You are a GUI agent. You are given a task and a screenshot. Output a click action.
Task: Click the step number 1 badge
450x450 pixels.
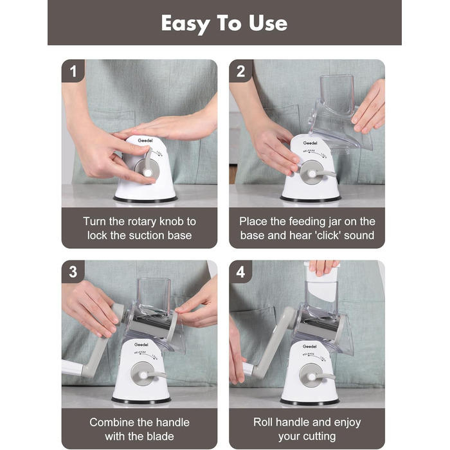pyautogui.click(x=73, y=71)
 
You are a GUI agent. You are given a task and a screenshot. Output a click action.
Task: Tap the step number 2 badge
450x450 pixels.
pyautogui.click(x=241, y=71)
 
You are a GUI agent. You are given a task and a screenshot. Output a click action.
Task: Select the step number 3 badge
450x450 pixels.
pyautogui.click(x=73, y=272)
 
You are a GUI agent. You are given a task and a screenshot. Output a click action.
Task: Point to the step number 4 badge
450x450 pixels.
pyautogui.click(x=241, y=272)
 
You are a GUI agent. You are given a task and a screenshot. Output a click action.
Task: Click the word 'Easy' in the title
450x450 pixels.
pyautogui.click(x=186, y=24)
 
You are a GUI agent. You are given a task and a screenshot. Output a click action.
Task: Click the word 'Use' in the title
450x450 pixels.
pyautogui.click(x=268, y=23)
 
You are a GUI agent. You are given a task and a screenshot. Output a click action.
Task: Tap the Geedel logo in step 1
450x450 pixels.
pyautogui.click(x=145, y=140)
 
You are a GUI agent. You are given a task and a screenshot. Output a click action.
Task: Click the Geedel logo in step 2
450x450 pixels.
pyautogui.click(x=310, y=143)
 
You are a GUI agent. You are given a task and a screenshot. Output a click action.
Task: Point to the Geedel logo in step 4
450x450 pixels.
pyautogui.click(x=309, y=346)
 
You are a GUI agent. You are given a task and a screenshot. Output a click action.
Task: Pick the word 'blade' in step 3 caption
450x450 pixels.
pyautogui.click(x=161, y=437)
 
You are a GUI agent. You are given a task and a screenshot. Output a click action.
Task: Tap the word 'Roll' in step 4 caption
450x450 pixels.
pyautogui.click(x=263, y=422)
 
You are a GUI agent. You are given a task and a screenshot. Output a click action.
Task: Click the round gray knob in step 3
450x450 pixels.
pyautogui.click(x=143, y=374)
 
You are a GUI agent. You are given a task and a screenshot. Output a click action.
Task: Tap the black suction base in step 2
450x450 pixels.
pyautogui.click(x=310, y=199)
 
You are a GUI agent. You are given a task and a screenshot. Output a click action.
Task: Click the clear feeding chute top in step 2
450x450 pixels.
pyautogui.click(x=337, y=94)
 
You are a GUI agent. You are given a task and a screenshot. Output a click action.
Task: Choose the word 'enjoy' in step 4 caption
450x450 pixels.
pyautogui.click(x=347, y=422)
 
